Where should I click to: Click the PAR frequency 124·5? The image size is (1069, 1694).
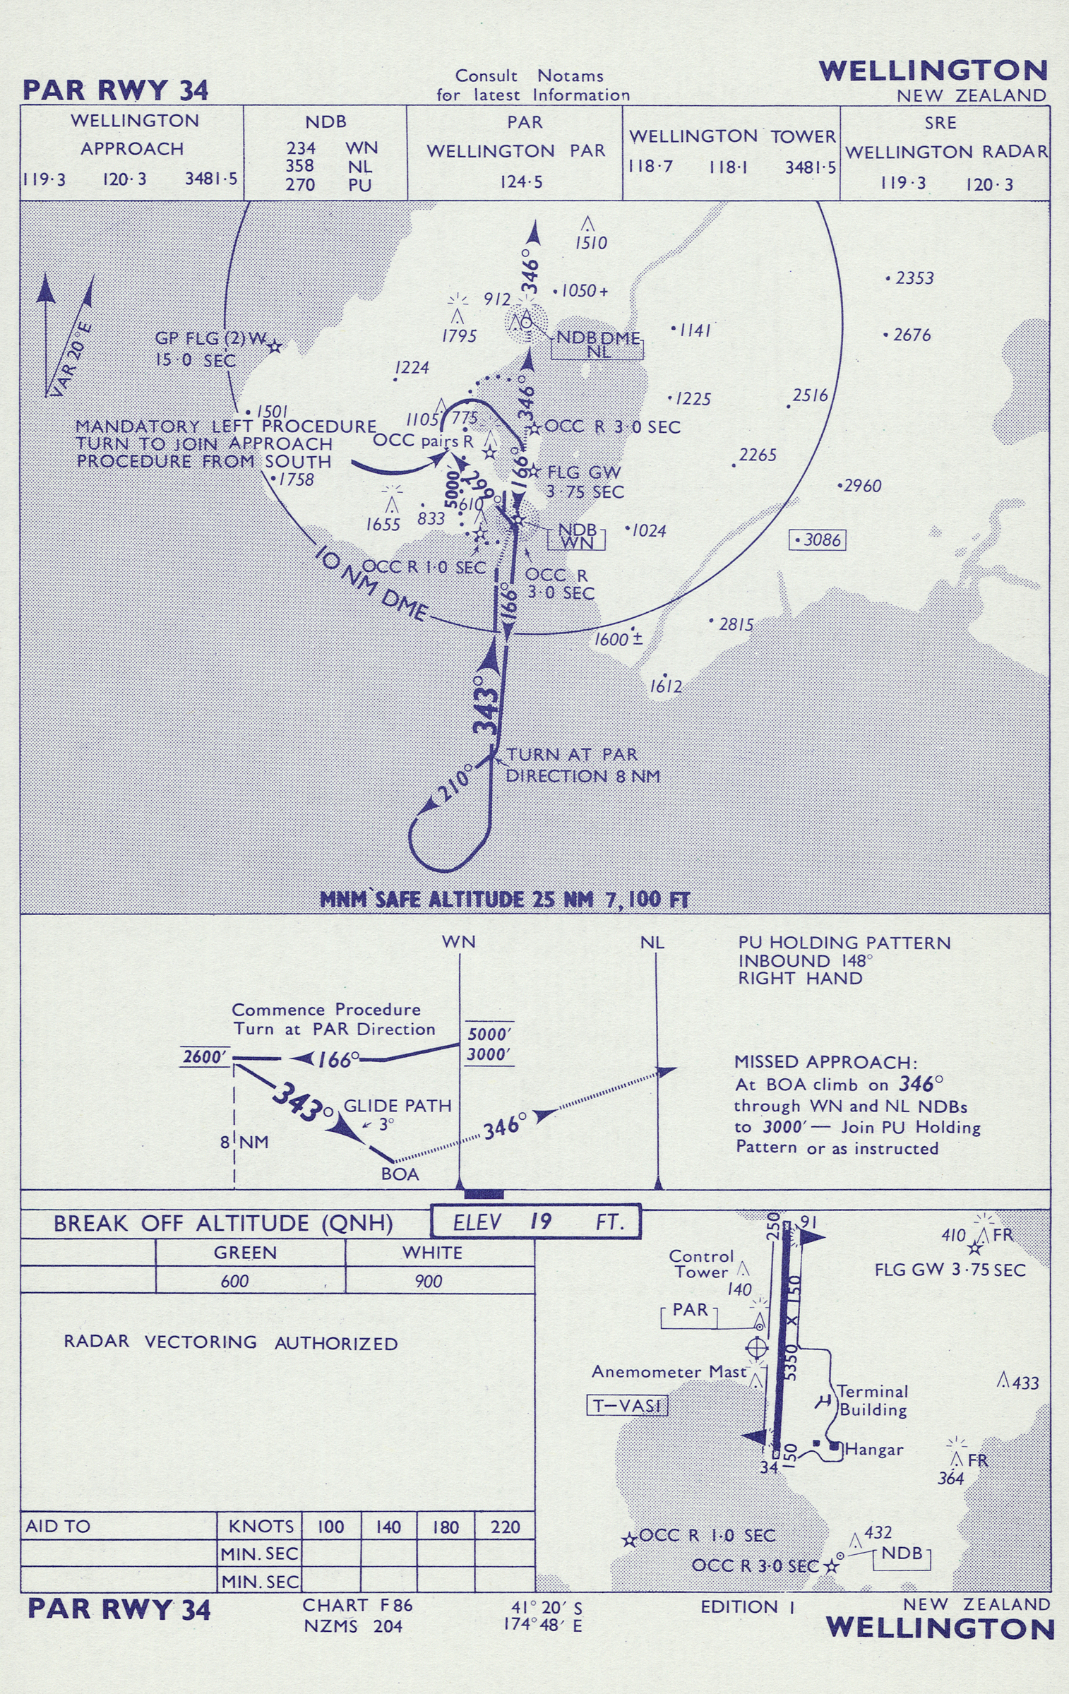pyautogui.click(x=521, y=182)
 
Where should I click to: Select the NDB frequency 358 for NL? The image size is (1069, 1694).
pyautogui.click(x=300, y=166)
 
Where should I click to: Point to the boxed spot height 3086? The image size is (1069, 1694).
pyautogui.click(x=818, y=540)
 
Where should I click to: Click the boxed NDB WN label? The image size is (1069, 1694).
pyautogui.click(x=577, y=536)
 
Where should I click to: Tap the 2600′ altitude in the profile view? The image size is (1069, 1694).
pyautogui.click(x=205, y=1057)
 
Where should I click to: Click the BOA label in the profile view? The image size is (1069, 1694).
pyautogui.click(x=400, y=1174)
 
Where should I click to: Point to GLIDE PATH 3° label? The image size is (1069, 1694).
pyautogui.click(x=398, y=1107)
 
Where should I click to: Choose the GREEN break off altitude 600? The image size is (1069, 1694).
pyautogui.click(x=234, y=1281)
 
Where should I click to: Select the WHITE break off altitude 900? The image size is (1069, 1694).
pyautogui.click(x=428, y=1281)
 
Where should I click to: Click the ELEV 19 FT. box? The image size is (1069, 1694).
pyautogui.click(x=536, y=1222)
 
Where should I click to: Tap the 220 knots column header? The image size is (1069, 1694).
pyautogui.click(x=505, y=1527)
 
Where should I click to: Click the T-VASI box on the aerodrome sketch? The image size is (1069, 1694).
pyautogui.click(x=627, y=1405)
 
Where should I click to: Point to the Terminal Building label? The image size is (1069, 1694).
pyautogui.click(x=873, y=1401)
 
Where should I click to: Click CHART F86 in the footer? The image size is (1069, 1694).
pyautogui.click(x=357, y=1605)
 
